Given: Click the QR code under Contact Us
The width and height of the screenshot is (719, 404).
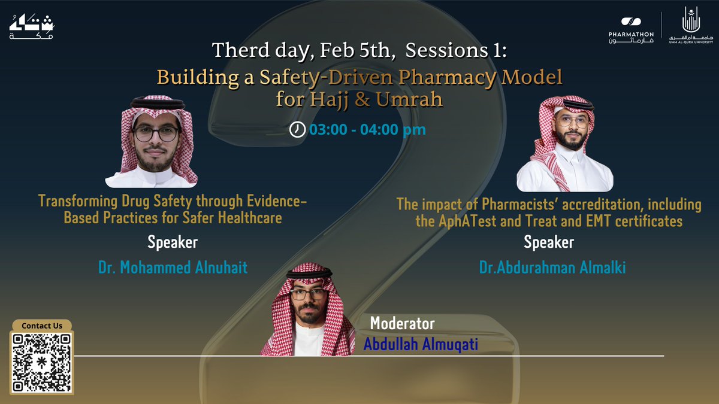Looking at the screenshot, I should tap(43, 363).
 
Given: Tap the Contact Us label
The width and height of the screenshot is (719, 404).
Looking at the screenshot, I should tap(42, 326).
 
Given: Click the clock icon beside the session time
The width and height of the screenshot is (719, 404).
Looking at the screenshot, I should tap(297, 129).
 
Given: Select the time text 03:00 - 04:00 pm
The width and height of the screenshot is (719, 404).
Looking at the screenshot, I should tap(367, 129).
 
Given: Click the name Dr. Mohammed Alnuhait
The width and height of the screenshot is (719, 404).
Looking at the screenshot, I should tap(173, 267).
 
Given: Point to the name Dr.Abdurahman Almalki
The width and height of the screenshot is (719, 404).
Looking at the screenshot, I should tap(552, 268).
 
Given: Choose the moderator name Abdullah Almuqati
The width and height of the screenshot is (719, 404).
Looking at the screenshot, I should tap(421, 345).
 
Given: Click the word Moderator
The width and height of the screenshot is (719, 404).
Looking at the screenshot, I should tap(402, 324).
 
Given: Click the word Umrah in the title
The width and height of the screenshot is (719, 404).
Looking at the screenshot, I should tap(410, 99).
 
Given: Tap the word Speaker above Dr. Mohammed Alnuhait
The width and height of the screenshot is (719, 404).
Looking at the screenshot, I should tap(173, 243).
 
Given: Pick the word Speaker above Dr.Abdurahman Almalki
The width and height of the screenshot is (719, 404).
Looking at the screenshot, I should tap(548, 242).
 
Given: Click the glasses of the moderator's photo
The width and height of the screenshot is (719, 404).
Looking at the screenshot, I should tap(308, 294).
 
